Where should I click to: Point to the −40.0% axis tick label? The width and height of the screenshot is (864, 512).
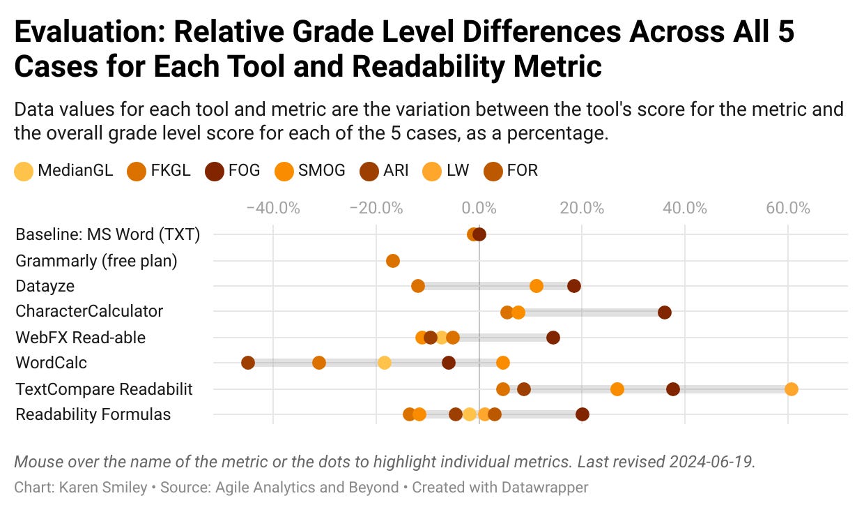pos(273,208)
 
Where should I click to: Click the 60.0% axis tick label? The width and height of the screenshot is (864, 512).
pos(787,208)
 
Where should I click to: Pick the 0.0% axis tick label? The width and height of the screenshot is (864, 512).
pos(479,208)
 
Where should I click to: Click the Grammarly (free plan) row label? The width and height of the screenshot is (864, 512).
pos(96,261)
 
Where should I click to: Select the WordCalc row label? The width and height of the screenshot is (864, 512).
pos(51,363)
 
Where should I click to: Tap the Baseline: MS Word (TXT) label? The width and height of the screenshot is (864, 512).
pos(107,234)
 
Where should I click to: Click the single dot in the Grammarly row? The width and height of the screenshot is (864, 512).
pos(393,261)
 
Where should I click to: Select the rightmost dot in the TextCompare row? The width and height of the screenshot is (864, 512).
pos(791,389)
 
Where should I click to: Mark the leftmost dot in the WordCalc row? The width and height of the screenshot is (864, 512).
pos(248,363)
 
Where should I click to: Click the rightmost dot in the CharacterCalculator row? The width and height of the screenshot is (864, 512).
pos(665,313)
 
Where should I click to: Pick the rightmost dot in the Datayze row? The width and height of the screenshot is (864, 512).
pos(574,286)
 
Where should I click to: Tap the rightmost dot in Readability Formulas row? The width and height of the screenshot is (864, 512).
pos(583,414)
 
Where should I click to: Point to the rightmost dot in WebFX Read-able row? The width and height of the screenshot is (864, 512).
pos(553,338)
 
